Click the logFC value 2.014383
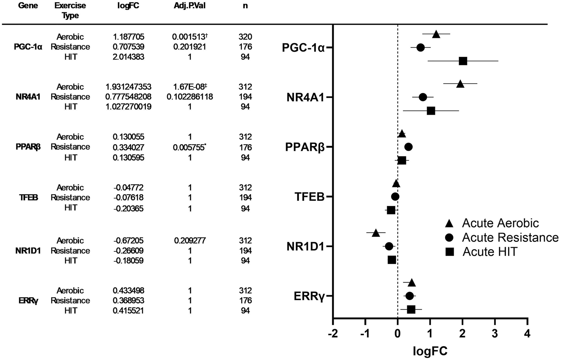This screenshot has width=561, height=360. [128, 57]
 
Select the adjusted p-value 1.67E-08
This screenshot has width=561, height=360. [189, 87]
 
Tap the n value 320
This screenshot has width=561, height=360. [245, 37]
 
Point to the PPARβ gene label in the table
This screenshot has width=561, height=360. [28, 147]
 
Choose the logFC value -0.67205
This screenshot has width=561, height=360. [128, 241]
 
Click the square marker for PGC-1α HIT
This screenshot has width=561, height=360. [463, 61]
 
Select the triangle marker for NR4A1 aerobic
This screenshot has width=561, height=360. [460, 84]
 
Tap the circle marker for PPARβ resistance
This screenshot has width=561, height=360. [408, 147]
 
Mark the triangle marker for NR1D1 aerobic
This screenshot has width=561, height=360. [376, 233]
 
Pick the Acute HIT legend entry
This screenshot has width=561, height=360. [490, 252]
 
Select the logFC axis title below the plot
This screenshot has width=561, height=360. [430, 351]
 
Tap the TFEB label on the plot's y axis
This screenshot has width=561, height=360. [309, 197]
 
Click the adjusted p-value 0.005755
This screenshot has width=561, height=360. [188, 147]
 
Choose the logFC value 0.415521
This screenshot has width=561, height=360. [128, 311]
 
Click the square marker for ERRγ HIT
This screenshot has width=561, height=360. [411, 310]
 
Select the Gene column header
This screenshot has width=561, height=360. [28, 6]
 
